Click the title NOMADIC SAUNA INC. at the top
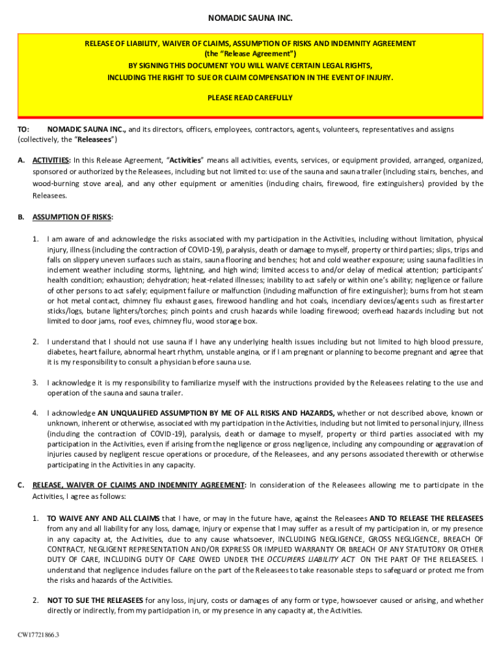coord(250,18)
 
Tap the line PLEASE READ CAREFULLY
coord(250,98)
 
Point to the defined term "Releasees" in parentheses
coord(96,140)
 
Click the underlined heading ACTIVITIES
coord(51,160)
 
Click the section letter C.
coord(21,485)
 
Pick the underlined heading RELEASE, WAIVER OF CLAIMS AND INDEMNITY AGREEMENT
coord(139,485)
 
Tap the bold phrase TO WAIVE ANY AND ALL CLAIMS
coord(103,518)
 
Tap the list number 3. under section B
coord(36,382)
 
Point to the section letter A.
coord(21,160)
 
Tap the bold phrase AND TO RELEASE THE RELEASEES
coord(426,518)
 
